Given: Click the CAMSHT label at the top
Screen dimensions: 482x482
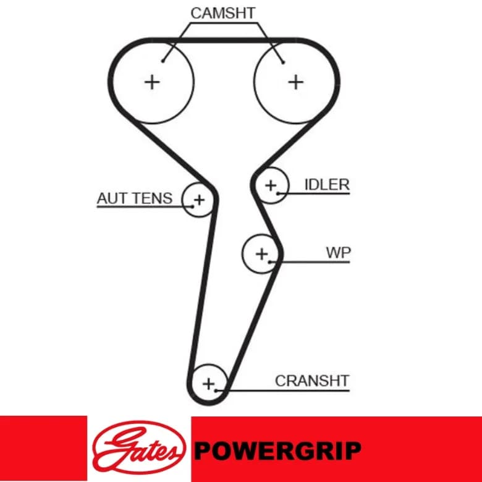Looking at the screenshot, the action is point(223,13).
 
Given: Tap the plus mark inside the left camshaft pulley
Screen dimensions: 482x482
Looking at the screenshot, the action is point(152,82).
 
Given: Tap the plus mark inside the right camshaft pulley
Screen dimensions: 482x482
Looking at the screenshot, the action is point(296,82).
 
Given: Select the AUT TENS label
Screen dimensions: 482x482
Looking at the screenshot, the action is point(134,198).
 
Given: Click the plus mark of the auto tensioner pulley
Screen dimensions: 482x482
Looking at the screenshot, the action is point(200,200).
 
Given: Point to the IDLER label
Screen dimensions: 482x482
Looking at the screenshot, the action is point(327,185).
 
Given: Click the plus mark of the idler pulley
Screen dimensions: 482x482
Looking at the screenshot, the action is point(271,185).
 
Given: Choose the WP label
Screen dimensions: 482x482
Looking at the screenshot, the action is point(338,253).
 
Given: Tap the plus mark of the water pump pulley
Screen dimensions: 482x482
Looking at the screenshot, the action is point(262,254).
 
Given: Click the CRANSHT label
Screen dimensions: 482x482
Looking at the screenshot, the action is point(312,381).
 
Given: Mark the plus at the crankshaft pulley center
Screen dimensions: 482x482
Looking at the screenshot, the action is point(209,384).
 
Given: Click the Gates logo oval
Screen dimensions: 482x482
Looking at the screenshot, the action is point(139,447).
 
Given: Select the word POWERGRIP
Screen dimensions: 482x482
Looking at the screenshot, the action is point(277,450).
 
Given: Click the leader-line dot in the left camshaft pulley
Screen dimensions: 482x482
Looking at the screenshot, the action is point(163,61).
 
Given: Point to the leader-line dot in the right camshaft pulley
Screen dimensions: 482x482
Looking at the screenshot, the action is point(284,62).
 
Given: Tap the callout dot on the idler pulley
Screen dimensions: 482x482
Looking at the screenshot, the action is point(277,193).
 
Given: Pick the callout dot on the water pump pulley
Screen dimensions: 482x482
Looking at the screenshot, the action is point(269,262).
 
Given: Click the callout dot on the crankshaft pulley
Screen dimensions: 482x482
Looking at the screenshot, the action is point(216,391).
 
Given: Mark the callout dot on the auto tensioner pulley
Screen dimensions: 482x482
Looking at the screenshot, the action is point(193,206).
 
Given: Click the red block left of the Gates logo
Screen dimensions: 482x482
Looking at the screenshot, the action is point(43,448).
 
